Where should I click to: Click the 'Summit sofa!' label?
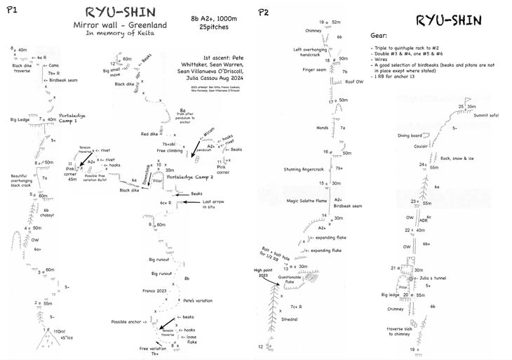tap(487, 116)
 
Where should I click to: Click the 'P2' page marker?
tap(263, 11)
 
